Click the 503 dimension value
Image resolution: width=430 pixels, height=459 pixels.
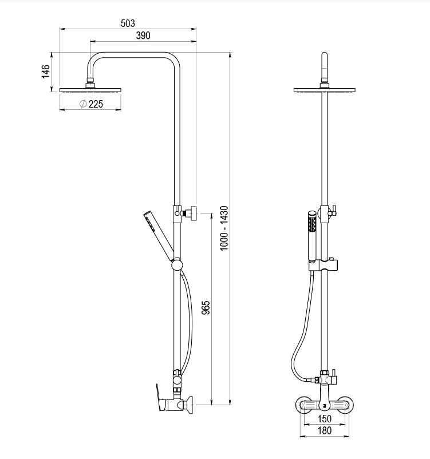point(128,23)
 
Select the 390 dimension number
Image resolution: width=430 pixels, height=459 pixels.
point(143,35)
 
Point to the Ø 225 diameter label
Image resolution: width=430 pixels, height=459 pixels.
point(91,104)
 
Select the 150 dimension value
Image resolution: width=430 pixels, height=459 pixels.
point(324,419)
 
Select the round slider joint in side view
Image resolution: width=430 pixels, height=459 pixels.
point(177,264)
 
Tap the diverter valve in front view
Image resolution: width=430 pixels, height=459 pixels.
point(326,378)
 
